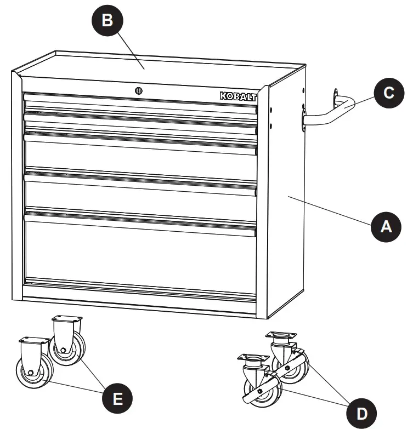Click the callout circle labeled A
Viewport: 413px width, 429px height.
tap(387, 226)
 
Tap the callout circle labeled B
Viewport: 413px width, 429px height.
tap(107, 21)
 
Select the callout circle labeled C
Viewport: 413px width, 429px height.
tap(388, 92)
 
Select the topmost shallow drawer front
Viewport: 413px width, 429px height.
tap(140, 103)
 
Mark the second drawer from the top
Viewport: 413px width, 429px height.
tap(140, 121)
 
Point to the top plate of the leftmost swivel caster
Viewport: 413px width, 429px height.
tap(253, 358)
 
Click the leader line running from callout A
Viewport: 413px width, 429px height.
tap(329, 210)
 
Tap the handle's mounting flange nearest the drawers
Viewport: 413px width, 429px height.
tap(303, 121)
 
